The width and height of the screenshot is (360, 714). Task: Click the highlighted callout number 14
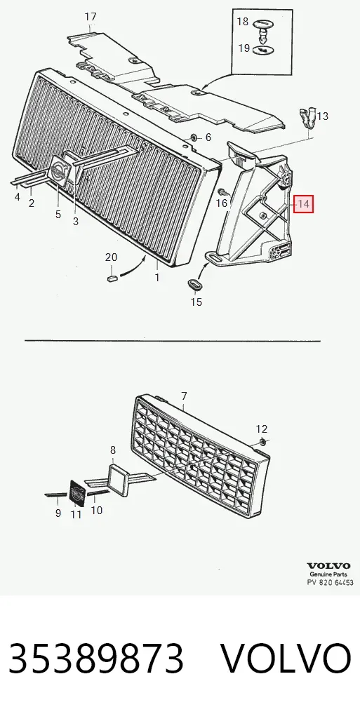click(303, 204)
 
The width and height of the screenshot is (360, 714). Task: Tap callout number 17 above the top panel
click(91, 17)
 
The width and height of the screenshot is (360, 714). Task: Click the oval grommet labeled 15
click(195, 284)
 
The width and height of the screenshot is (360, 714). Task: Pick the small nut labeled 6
click(194, 137)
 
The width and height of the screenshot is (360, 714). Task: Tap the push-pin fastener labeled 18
click(262, 28)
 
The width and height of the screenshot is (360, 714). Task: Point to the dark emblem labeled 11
click(76, 492)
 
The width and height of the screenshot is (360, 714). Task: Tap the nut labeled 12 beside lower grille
click(263, 441)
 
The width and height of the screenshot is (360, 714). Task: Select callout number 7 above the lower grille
click(184, 396)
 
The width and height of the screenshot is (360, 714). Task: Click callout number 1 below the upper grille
click(157, 277)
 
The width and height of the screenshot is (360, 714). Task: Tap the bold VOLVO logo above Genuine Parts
click(329, 566)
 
